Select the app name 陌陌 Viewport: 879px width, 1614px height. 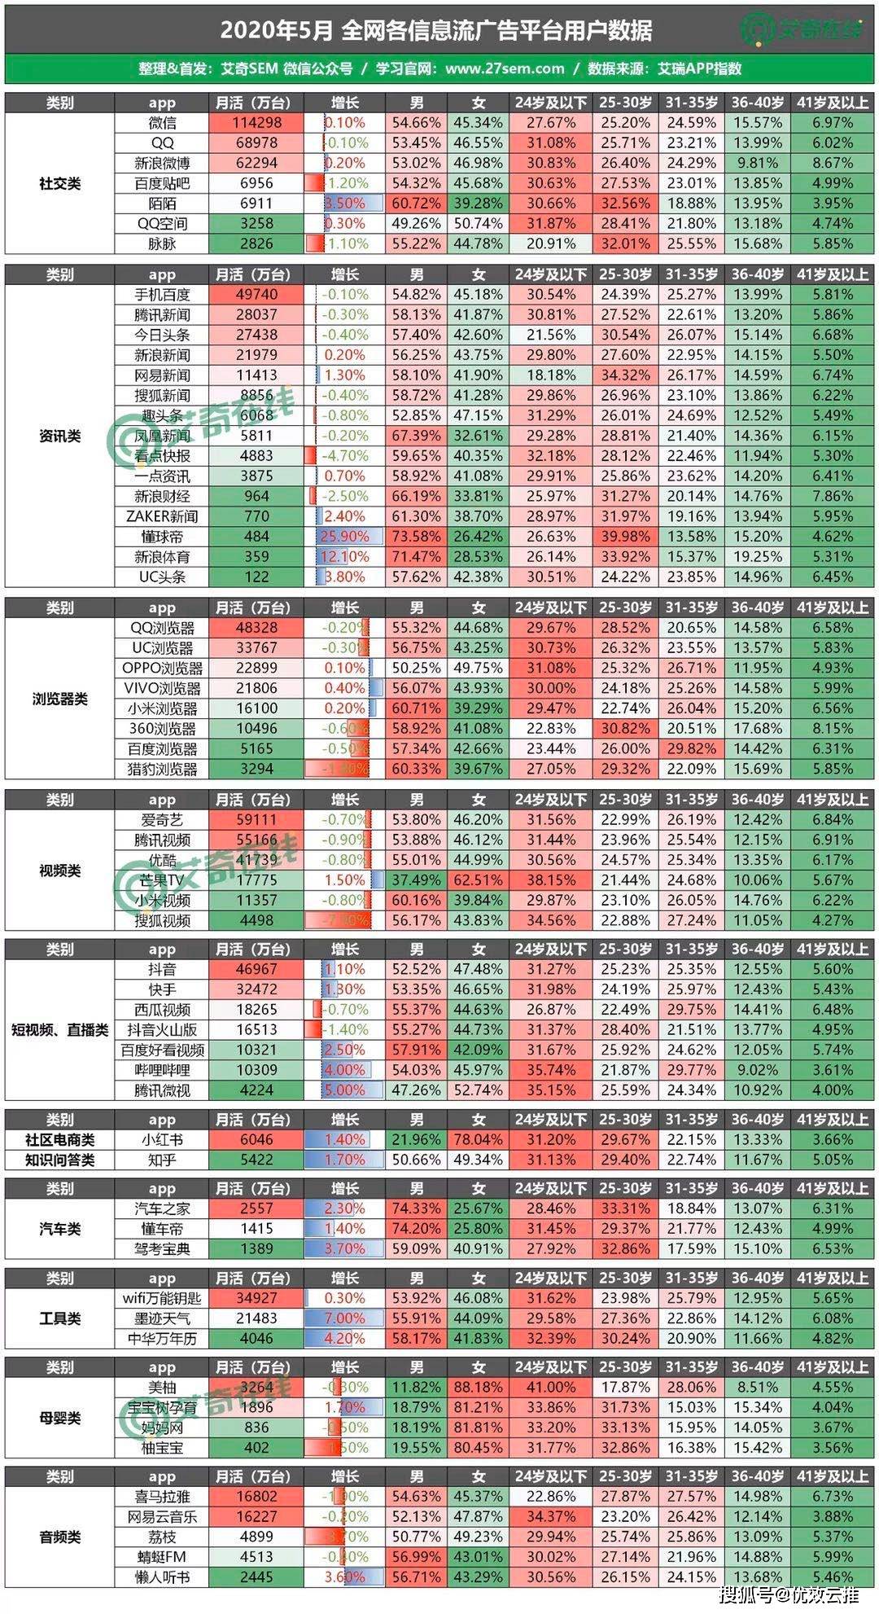[162, 204]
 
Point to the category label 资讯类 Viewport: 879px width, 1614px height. [59, 436]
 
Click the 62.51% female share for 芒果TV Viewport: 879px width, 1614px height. [479, 880]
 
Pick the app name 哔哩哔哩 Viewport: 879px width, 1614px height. [162, 1070]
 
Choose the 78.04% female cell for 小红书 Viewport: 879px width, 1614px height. [479, 1140]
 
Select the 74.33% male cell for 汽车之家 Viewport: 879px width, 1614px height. [416, 1208]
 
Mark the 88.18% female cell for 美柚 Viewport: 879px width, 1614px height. [479, 1388]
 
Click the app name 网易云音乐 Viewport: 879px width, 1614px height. [162, 1517]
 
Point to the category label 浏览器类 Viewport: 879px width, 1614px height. [59, 699]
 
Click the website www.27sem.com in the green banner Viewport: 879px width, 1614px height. [505, 68]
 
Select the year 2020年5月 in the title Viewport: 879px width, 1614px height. [277, 31]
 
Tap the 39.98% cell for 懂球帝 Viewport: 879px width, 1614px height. [625, 537]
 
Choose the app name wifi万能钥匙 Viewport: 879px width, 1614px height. [162, 1298]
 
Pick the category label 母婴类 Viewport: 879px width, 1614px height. [59, 1418]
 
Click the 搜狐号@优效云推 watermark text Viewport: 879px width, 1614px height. [789, 1594]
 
